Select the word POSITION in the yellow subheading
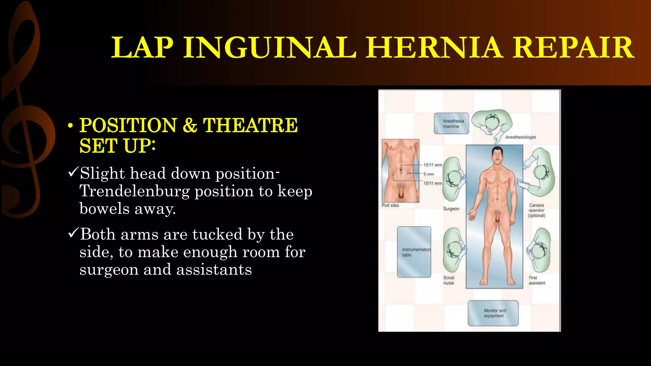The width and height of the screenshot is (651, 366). point(128,125)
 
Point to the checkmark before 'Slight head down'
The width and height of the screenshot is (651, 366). point(73,173)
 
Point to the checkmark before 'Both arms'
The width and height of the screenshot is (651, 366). point(73,234)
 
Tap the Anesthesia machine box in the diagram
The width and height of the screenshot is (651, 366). point(451,124)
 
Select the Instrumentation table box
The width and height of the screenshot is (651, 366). point(414,252)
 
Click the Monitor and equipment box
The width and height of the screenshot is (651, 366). point(493,313)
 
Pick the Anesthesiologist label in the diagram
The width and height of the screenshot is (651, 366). point(520,137)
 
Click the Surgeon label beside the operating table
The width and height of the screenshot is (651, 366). point(451,209)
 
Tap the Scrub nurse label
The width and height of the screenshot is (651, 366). point(449,280)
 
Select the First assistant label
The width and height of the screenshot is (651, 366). point(537,280)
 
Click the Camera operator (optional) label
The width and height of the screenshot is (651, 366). point(537,210)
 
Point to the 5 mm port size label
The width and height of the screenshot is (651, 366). point(428,174)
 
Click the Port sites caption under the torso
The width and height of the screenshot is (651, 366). point(390,206)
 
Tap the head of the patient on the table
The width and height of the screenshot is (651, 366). point(497,155)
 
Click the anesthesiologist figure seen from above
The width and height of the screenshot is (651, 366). point(492,122)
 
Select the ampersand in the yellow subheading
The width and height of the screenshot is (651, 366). point(190,125)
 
